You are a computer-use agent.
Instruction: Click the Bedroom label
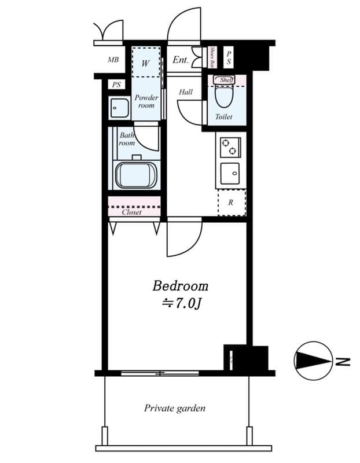[180, 286]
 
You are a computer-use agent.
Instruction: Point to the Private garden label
[175, 408]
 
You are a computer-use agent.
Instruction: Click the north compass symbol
[313, 361]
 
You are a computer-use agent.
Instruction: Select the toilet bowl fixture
[223, 95]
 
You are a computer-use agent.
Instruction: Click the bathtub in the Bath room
[136, 175]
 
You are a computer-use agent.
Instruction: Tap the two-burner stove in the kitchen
[230, 148]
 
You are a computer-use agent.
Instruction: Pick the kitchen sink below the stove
[230, 173]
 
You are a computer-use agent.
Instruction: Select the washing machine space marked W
[146, 63]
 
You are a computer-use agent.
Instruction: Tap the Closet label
[132, 212]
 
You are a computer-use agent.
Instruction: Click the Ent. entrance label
[180, 60]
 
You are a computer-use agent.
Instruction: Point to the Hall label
[186, 92]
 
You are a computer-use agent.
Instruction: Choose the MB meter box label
[113, 60]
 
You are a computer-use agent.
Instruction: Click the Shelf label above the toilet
[226, 80]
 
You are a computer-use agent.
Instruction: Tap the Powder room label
[146, 101]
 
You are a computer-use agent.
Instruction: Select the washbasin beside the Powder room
[119, 108]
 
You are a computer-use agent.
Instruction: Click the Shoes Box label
[212, 57]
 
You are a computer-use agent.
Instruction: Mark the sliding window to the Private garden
[160, 373]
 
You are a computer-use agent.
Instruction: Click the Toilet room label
[223, 117]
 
